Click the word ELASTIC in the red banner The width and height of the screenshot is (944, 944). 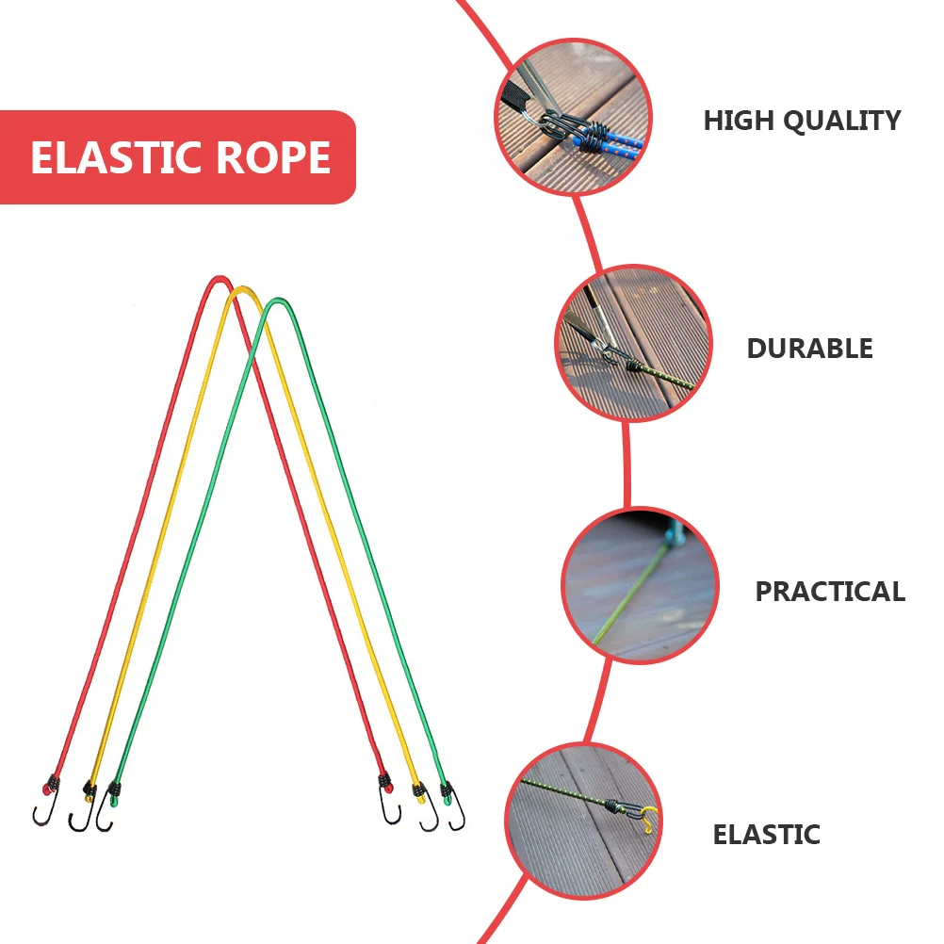[x=119, y=157]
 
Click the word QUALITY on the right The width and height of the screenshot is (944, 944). [x=845, y=121]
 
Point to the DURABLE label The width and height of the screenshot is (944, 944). [x=809, y=349]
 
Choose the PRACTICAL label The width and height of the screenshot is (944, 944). [x=829, y=592]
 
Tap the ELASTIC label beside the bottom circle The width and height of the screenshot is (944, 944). [x=766, y=835]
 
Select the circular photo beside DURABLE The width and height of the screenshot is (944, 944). [x=633, y=343]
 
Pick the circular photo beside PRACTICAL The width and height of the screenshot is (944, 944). [x=641, y=586]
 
